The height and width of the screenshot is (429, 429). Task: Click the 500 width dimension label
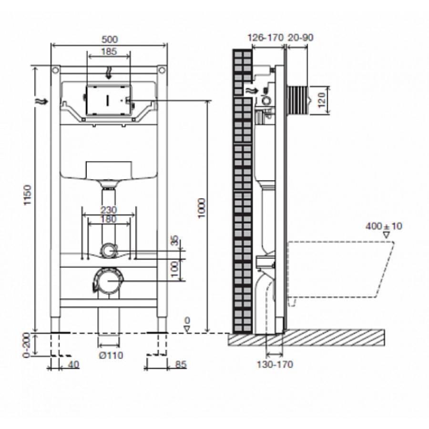(110, 39)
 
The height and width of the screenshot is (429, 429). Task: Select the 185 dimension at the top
(109, 51)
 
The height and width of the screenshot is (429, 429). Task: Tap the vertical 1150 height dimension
(28, 195)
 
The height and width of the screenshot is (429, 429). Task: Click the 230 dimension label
(109, 210)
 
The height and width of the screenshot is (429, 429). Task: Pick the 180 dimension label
(109, 219)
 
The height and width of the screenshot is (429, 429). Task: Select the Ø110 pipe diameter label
(111, 355)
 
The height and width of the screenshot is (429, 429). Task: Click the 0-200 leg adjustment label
(27, 345)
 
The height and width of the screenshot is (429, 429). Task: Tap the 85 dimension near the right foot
(181, 364)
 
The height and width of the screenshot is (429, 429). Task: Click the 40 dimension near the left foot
(73, 364)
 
